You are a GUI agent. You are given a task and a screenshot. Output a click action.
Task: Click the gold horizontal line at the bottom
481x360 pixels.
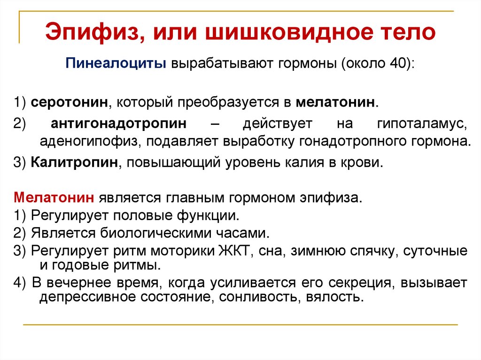(x=240, y=324)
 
